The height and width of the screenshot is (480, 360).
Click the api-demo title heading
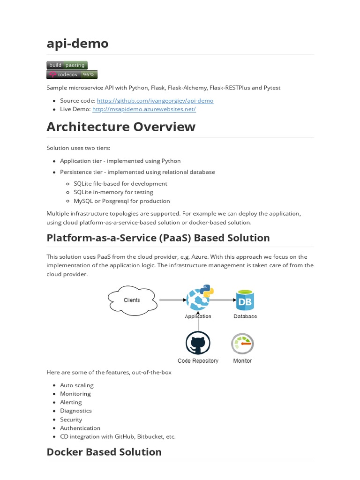(x=77, y=43)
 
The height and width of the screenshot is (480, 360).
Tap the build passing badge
(x=67, y=65)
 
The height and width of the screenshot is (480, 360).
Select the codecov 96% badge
(x=72, y=75)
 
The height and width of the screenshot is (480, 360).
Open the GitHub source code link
(x=155, y=100)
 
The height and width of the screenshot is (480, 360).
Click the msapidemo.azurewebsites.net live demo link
(x=144, y=109)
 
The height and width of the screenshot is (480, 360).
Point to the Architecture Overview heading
(x=121, y=127)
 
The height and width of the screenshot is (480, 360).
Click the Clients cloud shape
(x=131, y=300)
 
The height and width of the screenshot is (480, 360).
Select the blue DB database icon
(x=245, y=300)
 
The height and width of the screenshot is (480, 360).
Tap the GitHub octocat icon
(x=198, y=344)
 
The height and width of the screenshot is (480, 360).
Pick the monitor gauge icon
(x=242, y=344)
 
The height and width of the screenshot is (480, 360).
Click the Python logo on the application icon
(x=206, y=291)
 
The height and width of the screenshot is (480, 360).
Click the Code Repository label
(x=198, y=361)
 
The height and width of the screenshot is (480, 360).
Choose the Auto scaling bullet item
(x=77, y=385)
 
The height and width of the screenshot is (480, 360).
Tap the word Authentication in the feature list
(x=80, y=428)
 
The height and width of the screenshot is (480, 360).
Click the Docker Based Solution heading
(x=104, y=452)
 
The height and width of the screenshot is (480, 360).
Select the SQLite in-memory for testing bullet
(x=113, y=192)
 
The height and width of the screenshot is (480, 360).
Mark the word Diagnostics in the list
(x=76, y=411)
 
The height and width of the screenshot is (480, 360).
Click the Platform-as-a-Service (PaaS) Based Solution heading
(x=158, y=238)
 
